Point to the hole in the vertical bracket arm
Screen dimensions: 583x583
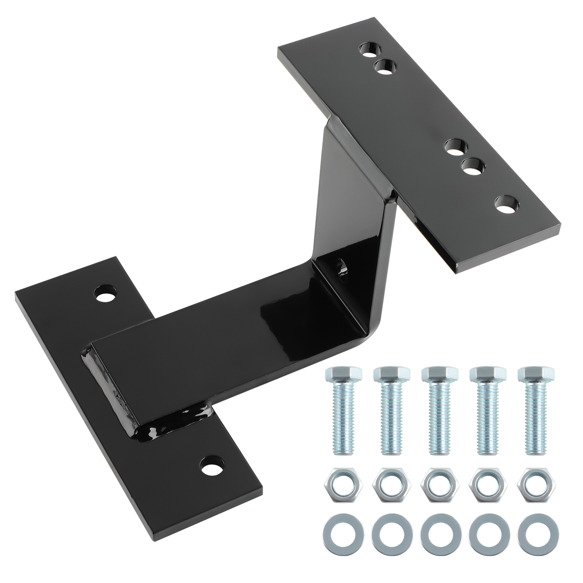coord(343,268)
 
